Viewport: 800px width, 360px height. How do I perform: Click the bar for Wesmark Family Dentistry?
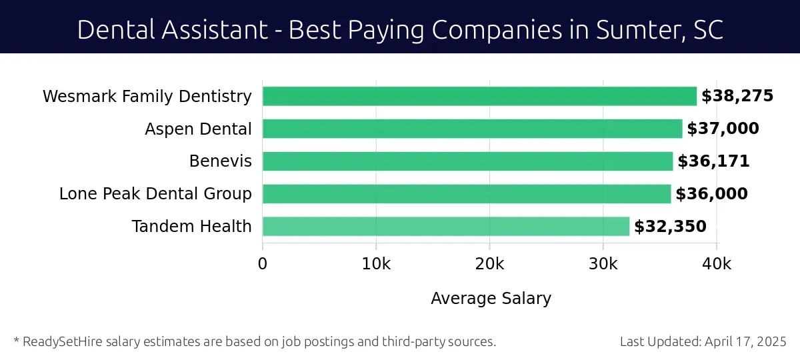[x=479, y=96]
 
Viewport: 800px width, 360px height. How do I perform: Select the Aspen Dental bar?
[x=472, y=129]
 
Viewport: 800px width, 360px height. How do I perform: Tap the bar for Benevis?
[x=467, y=161]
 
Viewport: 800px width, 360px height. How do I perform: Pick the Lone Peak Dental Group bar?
[x=467, y=194]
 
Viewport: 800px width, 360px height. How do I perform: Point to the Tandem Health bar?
[x=445, y=227]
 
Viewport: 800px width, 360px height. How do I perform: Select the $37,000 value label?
[x=723, y=129]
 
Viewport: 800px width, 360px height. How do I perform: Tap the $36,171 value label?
[x=713, y=161]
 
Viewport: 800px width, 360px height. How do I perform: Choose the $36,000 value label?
[x=711, y=194]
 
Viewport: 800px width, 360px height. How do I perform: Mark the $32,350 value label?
[x=670, y=227]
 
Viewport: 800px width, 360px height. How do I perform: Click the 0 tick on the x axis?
[x=263, y=263]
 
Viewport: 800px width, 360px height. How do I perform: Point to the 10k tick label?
[x=376, y=263]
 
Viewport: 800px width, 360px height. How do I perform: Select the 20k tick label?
[x=489, y=263]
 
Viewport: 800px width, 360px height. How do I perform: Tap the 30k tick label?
[x=603, y=263]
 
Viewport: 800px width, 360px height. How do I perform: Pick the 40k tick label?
[x=717, y=263]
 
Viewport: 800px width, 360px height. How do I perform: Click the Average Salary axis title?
[x=491, y=298]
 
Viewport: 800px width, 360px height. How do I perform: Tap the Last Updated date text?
[x=703, y=342]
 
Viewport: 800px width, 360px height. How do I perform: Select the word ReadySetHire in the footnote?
[x=59, y=342]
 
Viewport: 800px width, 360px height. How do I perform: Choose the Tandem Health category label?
[x=192, y=227]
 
